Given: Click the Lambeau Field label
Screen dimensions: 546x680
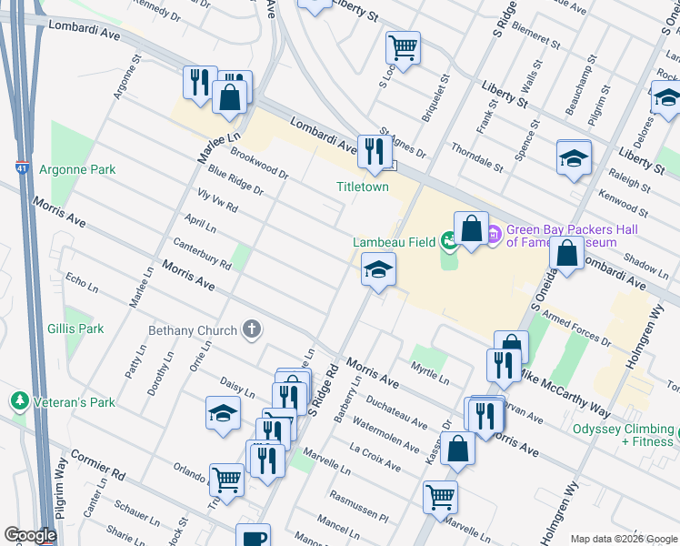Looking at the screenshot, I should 394,242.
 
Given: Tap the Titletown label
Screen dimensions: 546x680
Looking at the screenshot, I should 363,187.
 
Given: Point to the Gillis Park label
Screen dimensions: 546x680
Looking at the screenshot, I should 77,329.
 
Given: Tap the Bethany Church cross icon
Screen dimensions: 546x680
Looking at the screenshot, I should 252,330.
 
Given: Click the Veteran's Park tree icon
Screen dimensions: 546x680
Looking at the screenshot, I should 17,400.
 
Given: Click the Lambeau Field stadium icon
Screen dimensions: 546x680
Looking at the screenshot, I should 448,242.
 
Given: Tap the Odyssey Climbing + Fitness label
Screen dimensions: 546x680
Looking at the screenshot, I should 623,435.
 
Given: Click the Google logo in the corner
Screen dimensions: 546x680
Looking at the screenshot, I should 30,535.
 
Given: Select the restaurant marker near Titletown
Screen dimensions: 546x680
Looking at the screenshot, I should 375,151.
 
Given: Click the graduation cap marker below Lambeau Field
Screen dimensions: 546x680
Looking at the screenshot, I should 378,269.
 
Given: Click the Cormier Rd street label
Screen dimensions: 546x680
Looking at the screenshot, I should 94,461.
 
